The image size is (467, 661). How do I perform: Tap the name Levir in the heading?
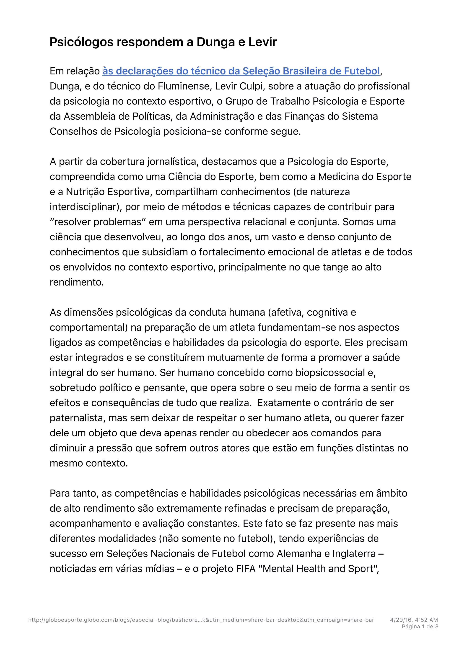[262, 42]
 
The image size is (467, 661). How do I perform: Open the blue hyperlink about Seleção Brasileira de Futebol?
[241, 71]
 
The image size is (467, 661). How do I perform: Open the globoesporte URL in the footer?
[201, 620]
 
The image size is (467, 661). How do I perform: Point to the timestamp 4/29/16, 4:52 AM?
[414, 620]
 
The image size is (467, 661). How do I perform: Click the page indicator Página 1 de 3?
[420, 627]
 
